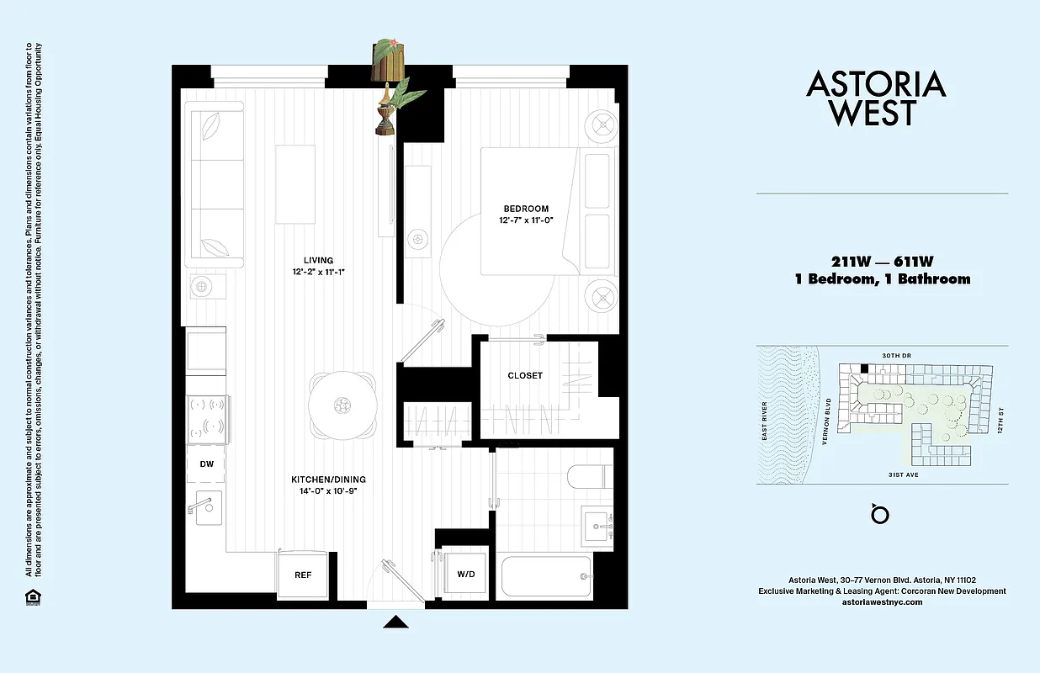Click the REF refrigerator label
pos(303,576)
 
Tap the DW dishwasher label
pos(206,464)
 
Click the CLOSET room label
pos(525,375)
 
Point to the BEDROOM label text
pos(526,209)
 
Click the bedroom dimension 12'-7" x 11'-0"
pos(525,220)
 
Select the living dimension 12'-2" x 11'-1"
pos(319,273)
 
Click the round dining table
pos(341,405)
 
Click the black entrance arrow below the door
pos(395,623)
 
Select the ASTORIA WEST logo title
pos(876,98)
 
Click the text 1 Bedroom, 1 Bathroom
pos(882,279)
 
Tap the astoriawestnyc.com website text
pos(882,602)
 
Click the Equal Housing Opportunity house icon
pos(32,597)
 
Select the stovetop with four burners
pos(206,416)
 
